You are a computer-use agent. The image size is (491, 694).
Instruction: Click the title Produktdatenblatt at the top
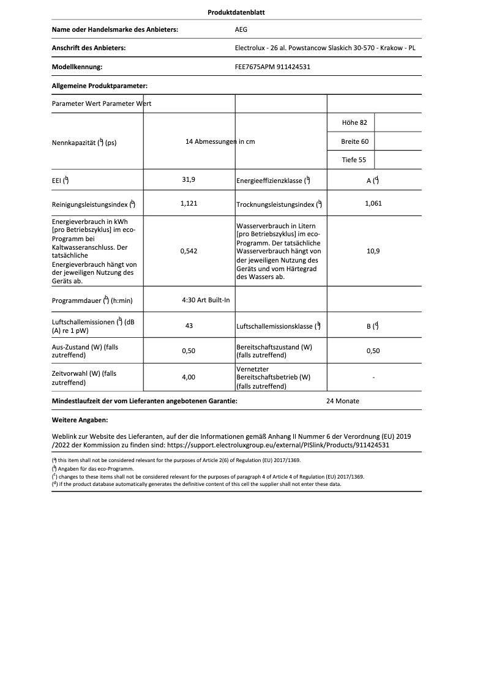236,12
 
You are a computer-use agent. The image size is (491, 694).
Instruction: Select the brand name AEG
242,29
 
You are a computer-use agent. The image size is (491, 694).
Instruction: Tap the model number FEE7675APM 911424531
272,67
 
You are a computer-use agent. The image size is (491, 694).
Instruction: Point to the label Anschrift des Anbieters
89,48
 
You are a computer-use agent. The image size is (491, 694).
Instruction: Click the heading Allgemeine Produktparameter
100,86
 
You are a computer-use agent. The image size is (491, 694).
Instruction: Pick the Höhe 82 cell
354,123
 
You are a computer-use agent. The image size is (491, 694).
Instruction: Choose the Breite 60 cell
354,141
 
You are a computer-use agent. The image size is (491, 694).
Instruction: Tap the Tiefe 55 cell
354,160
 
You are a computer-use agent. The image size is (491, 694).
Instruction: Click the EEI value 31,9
189,180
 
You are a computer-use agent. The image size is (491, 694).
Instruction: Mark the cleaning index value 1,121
189,203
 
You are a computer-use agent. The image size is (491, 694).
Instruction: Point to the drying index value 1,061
373,203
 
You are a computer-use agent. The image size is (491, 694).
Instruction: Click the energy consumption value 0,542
189,251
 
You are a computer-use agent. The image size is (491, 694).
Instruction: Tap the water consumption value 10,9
373,251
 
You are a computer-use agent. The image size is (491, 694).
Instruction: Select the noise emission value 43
189,326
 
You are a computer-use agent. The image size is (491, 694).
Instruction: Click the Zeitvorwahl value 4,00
189,378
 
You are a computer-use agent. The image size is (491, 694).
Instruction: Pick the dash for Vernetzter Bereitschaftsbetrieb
373,378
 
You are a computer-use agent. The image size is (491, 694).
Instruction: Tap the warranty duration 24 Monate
343,401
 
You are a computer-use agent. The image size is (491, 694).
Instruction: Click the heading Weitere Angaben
80,420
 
